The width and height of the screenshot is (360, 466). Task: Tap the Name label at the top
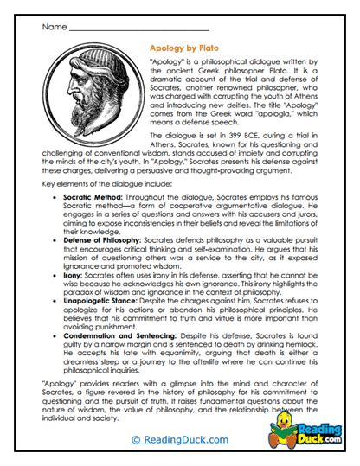[54, 26]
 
